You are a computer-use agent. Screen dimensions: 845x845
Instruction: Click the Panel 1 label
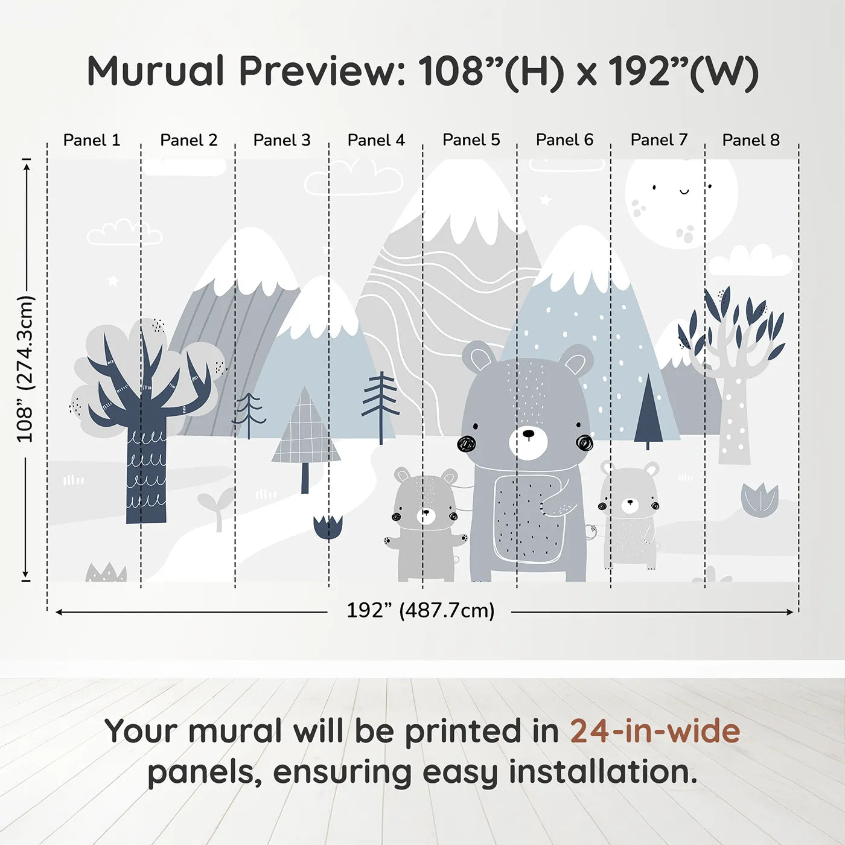click(x=92, y=140)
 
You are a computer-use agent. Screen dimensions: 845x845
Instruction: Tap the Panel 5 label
click(x=471, y=139)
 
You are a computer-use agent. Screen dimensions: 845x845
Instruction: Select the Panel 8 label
click(x=751, y=140)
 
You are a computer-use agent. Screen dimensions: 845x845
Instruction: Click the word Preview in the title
click(x=317, y=71)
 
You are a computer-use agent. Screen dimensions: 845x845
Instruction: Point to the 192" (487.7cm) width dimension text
click(x=420, y=610)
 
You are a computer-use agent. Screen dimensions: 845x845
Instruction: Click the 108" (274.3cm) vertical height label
click(x=25, y=369)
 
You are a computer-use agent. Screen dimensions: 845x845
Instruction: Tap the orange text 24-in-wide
click(x=655, y=731)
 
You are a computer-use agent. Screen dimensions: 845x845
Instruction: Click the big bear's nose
click(x=528, y=433)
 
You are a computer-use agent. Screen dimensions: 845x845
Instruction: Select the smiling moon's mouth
click(x=684, y=192)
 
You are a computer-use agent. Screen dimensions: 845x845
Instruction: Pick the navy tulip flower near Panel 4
click(x=328, y=526)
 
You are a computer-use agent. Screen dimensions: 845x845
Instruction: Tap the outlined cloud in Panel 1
click(x=124, y=233)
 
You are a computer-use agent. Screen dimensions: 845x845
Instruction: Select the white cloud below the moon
click(x=750, y=261)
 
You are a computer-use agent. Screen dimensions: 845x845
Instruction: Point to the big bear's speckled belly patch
click(x=529, y=518)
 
